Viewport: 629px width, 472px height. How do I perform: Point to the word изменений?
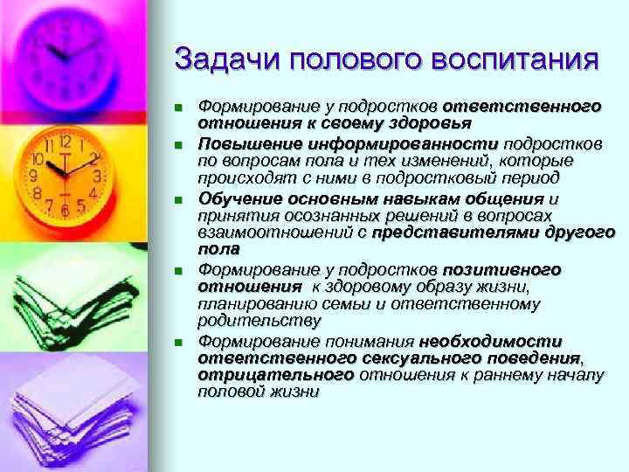click(x=451, y=161)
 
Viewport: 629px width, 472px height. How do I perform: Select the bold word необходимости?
click(x=490, y=341)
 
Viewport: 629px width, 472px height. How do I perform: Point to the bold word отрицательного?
click(x=276, y=376)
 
